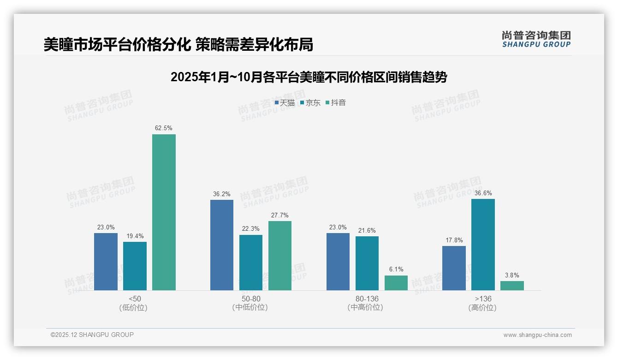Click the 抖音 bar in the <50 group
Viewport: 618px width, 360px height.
click(x=164, y=212)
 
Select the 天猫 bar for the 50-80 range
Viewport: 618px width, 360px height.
click(x=222, y=245)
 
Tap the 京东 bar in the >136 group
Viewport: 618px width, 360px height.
click(x=483, y=245)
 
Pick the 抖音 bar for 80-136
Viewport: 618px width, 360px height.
click(x=396, y=283)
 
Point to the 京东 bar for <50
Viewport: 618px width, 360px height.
click(x=135, y=266)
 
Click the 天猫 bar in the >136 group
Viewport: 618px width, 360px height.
click(x=454, y=268)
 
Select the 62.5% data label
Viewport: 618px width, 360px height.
click(x=164, y=128)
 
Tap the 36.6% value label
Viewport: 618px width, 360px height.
click(x=483, y=193)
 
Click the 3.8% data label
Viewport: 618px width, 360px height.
click(x=512, y=275)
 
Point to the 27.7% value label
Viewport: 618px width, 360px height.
click(x=280, y=215)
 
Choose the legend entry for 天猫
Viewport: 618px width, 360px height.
click(x=285, y=103)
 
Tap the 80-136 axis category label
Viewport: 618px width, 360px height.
click(x=367, y=299)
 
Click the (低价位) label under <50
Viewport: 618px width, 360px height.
click(x=135, y=307)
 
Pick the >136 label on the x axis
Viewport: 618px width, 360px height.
click(x=483, y=299)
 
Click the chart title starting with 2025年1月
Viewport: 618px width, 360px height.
click(x=309, y=77)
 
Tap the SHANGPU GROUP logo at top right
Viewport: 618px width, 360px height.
click(x=536, y=39)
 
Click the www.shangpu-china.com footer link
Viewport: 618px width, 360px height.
click(x=537, y=335)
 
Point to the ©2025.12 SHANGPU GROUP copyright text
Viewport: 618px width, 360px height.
click(x=92, y=335)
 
